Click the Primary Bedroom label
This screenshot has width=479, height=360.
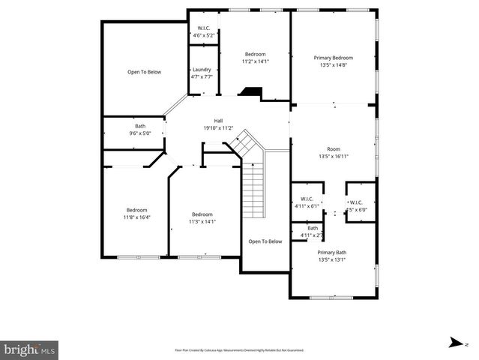[333, 58]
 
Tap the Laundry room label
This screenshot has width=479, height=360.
[202, 69]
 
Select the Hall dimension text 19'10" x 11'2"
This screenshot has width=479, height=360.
[218, 128]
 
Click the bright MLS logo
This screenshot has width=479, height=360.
[29, 349]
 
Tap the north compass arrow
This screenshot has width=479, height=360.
[455, 343]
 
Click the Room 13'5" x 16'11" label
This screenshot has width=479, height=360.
[334, 152]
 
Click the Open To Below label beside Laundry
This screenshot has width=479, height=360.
[144, 72]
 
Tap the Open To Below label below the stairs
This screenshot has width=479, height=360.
[265, 241]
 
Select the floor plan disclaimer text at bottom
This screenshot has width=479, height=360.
[239, 349]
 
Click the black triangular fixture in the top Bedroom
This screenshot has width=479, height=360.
[250, 93]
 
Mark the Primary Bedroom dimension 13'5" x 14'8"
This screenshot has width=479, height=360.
[333, 65]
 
